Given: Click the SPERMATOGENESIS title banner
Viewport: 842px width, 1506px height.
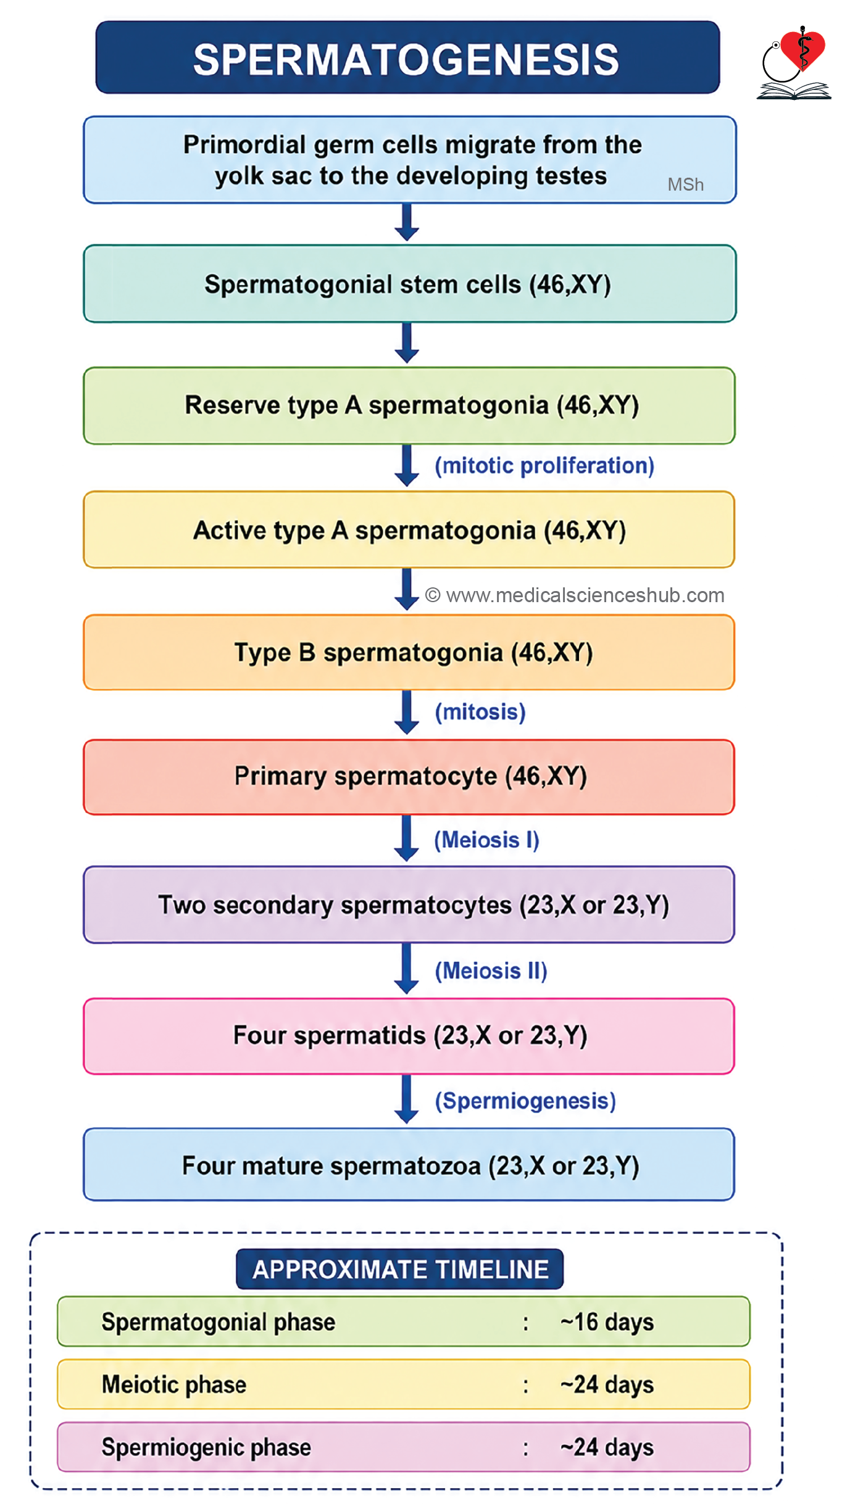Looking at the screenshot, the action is [x=407, y=57].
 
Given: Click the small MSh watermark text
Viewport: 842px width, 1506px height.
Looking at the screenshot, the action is [x=685, y=184].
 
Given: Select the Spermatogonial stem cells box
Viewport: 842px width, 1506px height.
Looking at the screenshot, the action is [x=410, y=284].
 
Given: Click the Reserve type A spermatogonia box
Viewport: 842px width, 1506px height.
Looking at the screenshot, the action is [x=409, y=405].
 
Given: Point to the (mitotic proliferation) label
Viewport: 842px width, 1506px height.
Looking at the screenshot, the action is [x=544, y=466].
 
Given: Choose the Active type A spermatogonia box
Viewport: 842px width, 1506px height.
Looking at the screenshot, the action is [x=409, y=529].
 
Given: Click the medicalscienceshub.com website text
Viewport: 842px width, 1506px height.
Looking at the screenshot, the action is [x=575, y=595].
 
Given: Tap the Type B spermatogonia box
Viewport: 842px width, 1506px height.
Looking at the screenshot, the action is [x=409, y=652].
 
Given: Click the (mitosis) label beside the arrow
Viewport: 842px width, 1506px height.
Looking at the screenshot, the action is [x=480, y=712].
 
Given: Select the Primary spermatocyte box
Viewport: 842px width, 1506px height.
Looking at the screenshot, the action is [x=409, y=777].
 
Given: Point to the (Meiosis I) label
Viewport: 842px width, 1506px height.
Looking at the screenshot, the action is [x=486, y=840].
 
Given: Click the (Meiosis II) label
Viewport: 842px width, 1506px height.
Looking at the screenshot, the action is [x=491, y=970].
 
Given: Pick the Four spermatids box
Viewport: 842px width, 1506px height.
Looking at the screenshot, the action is [x=409, y=1036].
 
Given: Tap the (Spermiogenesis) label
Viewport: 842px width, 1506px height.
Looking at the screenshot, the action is [x=525, y=1101].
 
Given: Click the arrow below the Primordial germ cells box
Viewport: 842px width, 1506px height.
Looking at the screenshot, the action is [x=407, y=222].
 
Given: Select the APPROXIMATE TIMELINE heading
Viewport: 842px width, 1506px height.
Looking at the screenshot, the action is [x=400, y=1269].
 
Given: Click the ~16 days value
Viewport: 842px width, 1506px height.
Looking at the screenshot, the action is [x=607, y=1322].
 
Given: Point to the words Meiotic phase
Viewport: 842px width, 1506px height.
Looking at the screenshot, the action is [x=174, y=1385].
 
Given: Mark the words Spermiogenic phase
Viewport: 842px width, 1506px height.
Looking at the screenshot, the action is [x=206, y=1447].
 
